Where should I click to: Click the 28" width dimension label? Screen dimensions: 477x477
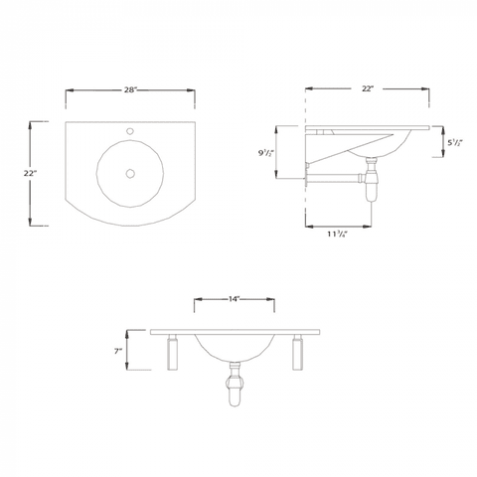[129, 90]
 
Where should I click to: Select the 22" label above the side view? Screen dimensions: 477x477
[367, 90]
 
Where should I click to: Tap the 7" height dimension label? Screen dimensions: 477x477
[118, 351]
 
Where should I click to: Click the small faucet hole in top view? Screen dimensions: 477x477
[129, 131]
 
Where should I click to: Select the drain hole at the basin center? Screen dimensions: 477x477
[129, 174]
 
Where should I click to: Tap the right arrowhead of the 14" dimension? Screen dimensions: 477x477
[274, 298]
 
